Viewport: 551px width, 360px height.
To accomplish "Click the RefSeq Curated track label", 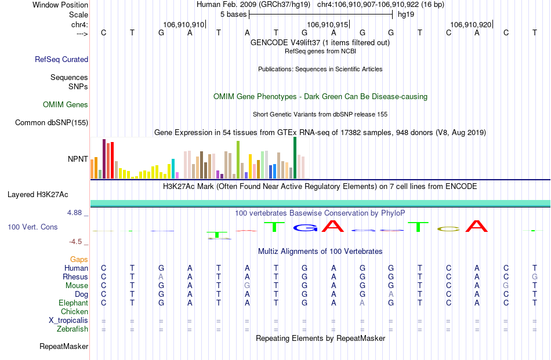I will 61,59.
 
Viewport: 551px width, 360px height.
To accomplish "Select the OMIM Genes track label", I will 66,105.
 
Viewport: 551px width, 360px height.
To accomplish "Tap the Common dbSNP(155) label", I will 52,122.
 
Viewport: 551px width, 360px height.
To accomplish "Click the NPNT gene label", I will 78,158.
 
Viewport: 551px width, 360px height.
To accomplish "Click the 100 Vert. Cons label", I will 32,227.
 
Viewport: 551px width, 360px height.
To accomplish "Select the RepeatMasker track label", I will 64,347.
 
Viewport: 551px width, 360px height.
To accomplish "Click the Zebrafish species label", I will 72,329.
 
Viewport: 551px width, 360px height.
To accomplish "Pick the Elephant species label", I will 73,303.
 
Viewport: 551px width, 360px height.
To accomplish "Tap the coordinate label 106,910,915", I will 328,25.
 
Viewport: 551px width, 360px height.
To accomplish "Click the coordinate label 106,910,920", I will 471,25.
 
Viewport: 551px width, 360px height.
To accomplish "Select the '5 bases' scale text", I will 233,13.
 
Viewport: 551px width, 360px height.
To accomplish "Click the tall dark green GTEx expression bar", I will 295,158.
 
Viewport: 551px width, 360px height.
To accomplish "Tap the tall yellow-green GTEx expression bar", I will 238,159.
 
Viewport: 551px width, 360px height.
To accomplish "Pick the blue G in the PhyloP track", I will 305,228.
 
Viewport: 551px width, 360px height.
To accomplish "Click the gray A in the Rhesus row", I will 161,277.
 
